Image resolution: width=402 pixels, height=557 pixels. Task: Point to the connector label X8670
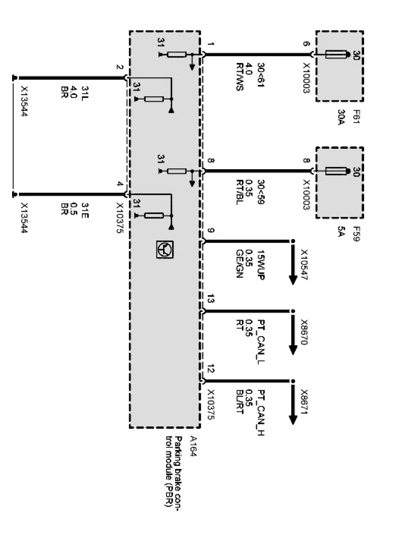(304, 333)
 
